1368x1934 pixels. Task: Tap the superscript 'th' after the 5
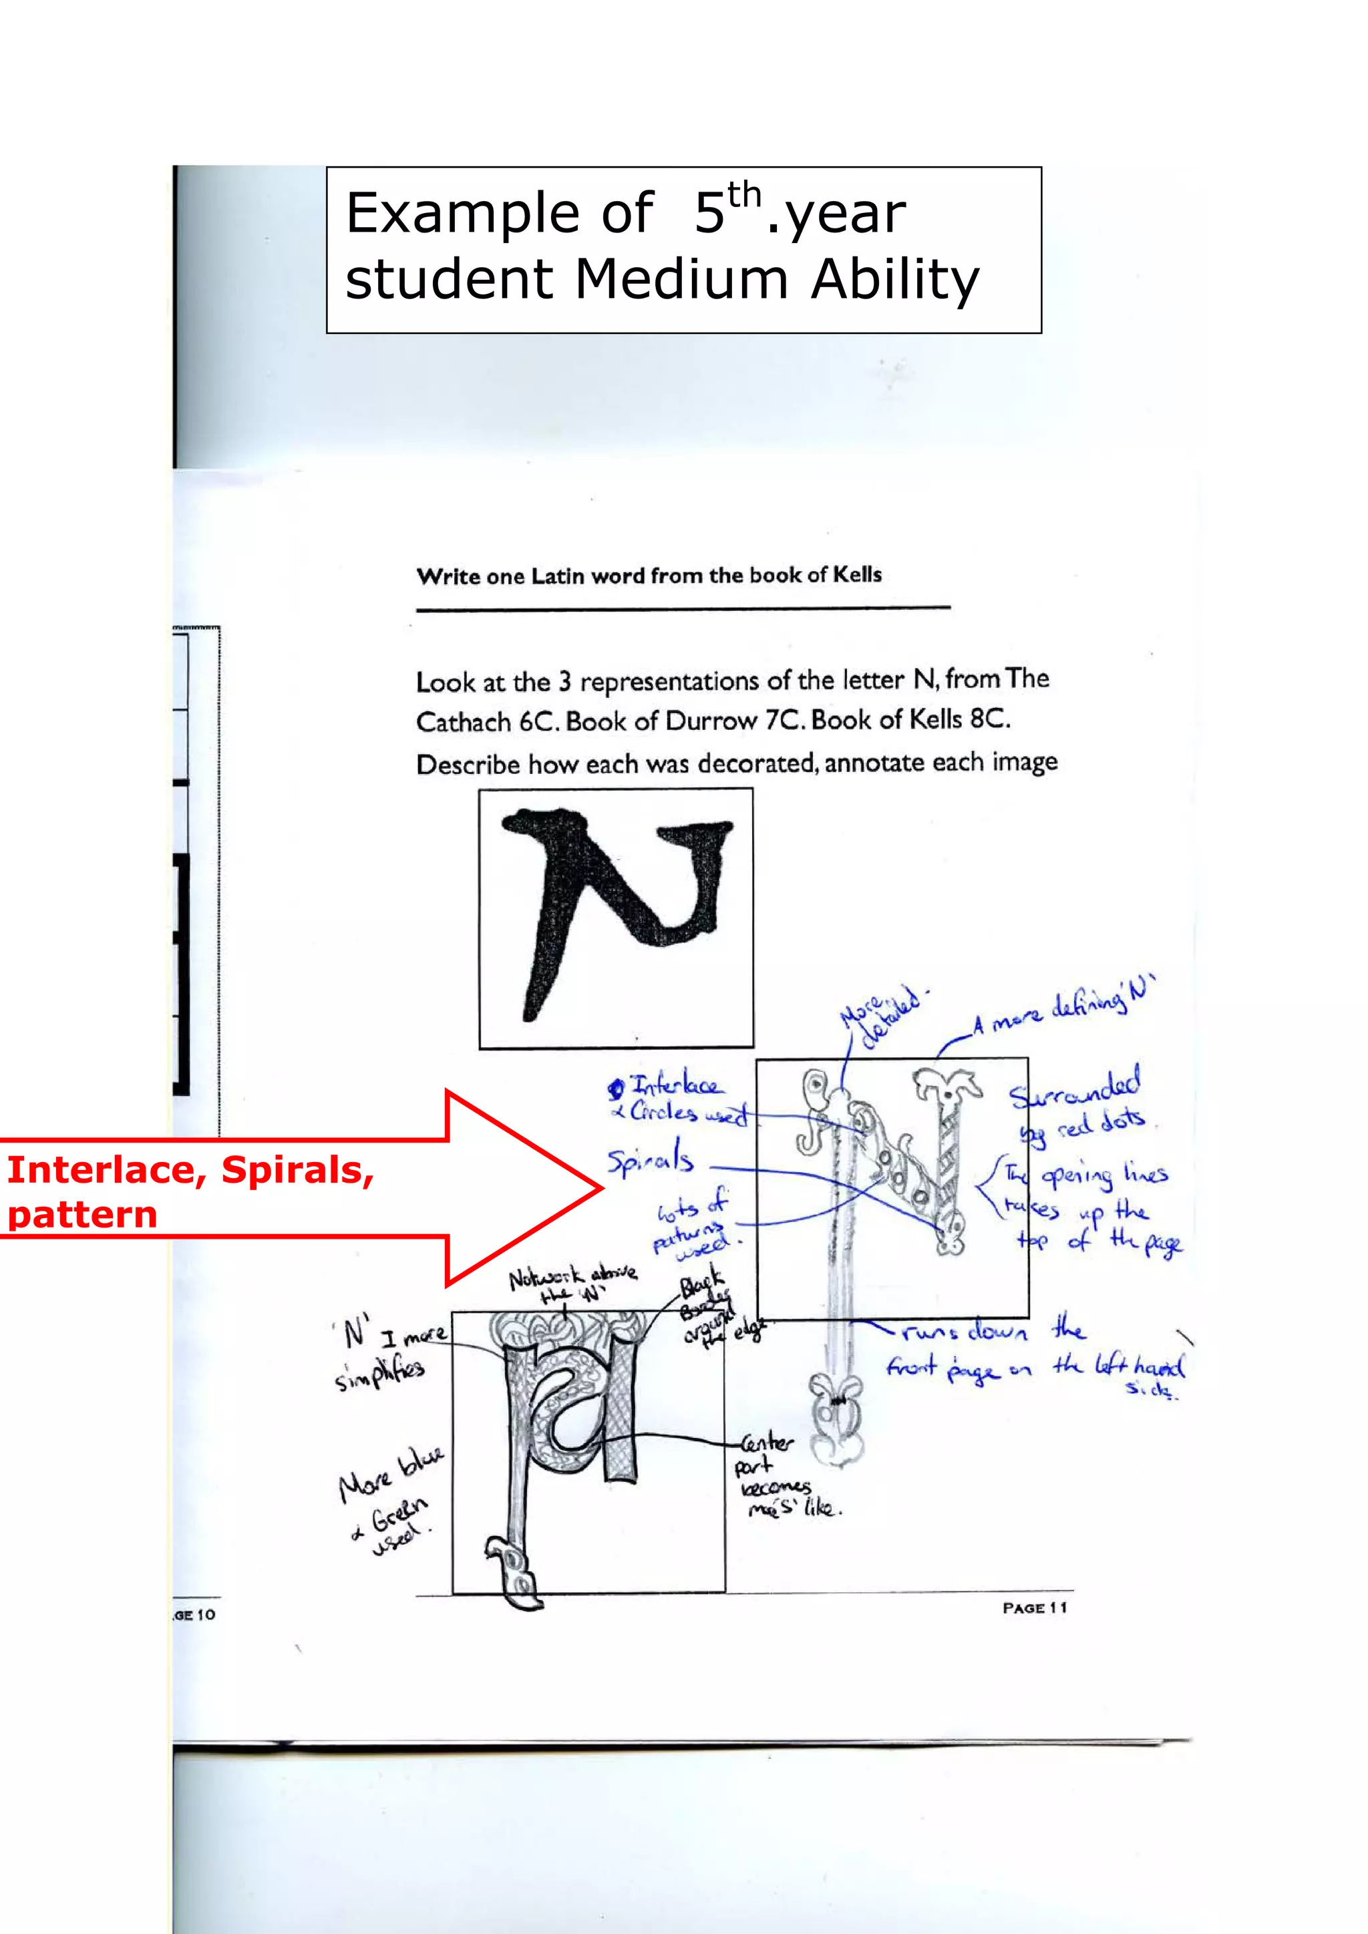point(744,196)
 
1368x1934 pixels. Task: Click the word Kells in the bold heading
point(858,574)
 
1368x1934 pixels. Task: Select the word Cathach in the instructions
point(462,722)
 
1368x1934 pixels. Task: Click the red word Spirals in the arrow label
point(297,1171)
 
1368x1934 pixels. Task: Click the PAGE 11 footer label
point(1035,1607)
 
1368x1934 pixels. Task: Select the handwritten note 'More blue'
point(391,1474)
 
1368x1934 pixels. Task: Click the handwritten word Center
point(767,1443)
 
